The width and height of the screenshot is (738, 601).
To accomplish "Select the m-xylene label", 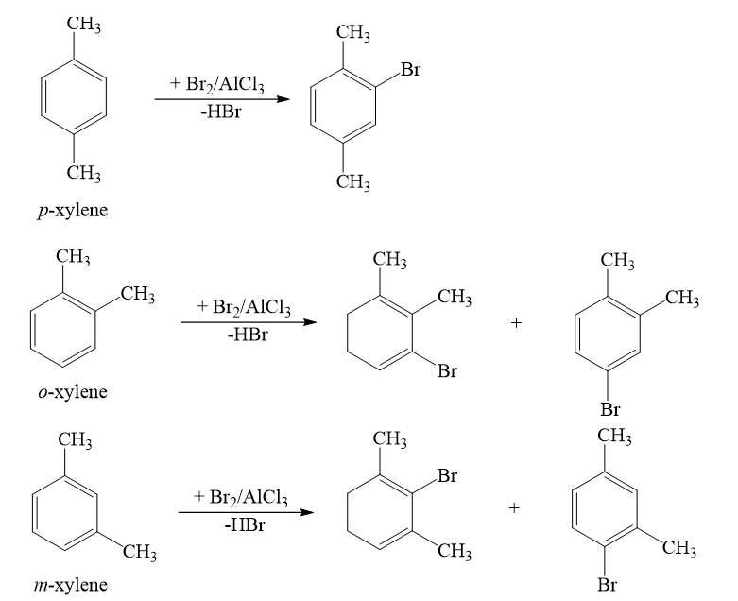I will click(70, 585).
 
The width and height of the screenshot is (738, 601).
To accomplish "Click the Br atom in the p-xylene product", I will click(410, 70).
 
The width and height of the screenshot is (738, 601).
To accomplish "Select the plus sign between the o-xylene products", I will click(516, 323).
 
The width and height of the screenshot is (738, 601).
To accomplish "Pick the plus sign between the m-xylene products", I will click(514, 507).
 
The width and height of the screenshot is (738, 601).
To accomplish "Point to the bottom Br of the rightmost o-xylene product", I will click(610, 409).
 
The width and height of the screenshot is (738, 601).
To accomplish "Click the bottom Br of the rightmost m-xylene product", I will click(608, 585).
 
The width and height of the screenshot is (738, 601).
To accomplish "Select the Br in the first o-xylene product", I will click(447, 371).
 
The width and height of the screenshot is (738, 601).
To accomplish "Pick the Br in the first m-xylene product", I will click(447, 476).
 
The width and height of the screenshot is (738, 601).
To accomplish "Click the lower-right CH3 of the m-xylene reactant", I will click(139, 553).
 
